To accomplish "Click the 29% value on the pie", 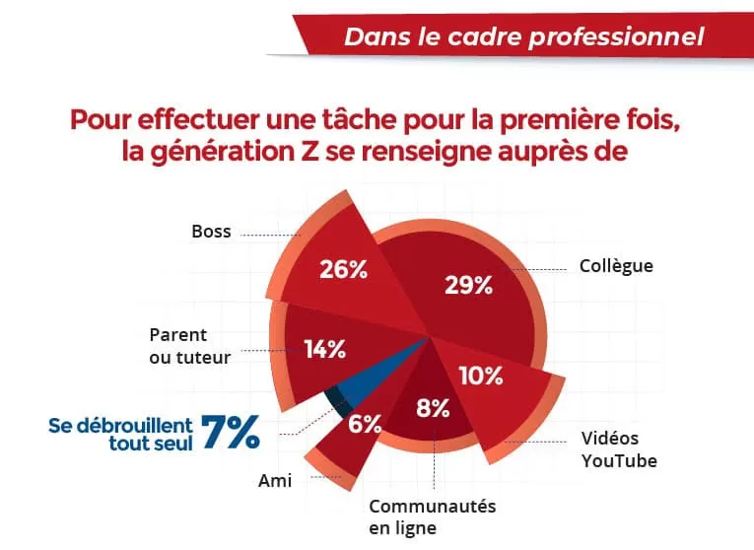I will tap(468, 286).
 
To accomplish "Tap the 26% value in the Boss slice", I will tap(343, 269).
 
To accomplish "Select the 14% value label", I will tap(324, 348).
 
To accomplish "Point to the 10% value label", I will tap(482, 376).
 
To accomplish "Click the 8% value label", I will tap(433, 408).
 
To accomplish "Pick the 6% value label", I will tap(365, 425).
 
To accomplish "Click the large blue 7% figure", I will tap(231, 433).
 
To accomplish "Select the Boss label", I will tap(211, 233).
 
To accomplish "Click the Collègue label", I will tap(615, 266).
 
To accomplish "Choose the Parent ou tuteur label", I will tap(189, 346).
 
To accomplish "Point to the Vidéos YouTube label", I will tap(618, 449).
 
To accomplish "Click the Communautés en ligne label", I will tap(432, 517).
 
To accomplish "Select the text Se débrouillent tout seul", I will tap(121, 435).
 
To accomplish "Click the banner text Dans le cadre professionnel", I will tap(523, 37).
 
